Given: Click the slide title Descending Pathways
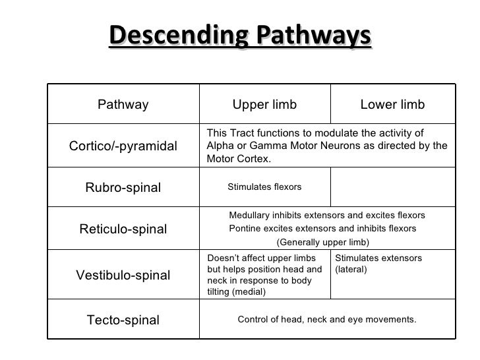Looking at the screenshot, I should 240,38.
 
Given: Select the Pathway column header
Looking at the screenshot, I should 123,105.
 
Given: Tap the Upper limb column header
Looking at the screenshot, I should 264,105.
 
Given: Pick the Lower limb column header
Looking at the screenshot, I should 392,105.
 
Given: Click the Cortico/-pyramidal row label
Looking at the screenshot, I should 123,146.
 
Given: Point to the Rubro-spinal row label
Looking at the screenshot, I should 123,188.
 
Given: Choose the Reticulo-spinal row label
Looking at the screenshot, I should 123,229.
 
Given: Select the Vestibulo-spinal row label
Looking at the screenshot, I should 123,275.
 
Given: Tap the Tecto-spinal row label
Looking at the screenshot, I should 123,320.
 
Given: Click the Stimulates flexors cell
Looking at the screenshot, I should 264,187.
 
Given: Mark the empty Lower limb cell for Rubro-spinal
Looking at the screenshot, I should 392,187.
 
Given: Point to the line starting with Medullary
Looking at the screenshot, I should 326,216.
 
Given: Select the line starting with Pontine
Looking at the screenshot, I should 322,229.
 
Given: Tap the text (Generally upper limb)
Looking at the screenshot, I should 322,242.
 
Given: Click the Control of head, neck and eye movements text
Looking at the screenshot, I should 326,320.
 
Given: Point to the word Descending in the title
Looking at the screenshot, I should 167,38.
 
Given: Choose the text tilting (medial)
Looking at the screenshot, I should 236,292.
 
